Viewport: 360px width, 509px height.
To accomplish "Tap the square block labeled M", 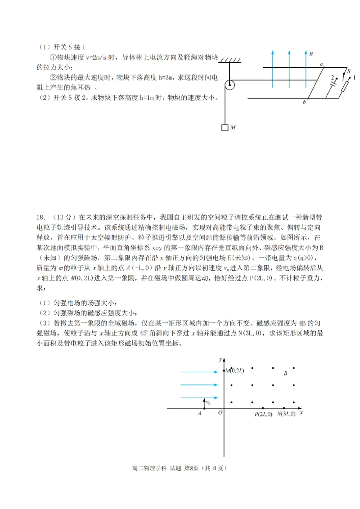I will point(225,127).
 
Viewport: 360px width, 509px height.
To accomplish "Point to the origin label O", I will point(220,413).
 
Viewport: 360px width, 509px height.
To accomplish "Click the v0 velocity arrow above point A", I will point(205,403).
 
